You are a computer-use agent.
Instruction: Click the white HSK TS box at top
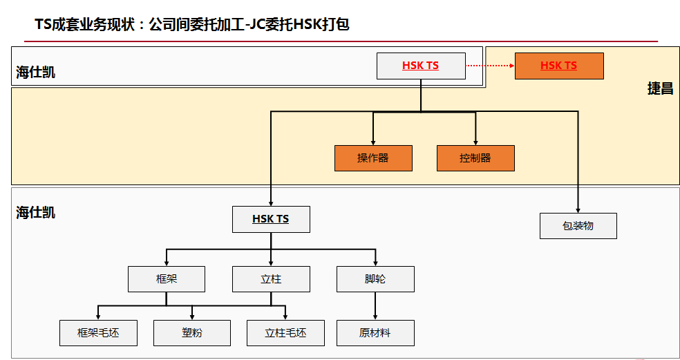tap(420, 66)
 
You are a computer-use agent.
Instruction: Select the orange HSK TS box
tap(559, 66)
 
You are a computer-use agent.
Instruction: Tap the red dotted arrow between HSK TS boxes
tap(490, 66)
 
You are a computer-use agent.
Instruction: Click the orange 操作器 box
tap(373, 158)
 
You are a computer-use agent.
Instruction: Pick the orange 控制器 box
tap(475, 158)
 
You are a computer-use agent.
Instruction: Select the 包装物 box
tap(578, 226)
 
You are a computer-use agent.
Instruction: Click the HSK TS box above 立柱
tap(271, 219)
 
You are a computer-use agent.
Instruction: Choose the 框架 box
tap(167, 279)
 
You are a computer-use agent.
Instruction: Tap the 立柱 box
tap(271, 279)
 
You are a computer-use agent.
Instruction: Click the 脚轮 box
tap(375, 279)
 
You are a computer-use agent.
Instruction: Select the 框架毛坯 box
tap(98, 333)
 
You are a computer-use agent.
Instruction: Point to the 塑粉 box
tap(192, 333)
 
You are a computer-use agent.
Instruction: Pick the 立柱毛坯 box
tap(285, 333)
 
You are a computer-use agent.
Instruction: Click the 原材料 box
tap(375, 333)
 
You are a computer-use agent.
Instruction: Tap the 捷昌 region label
tap(660, 89)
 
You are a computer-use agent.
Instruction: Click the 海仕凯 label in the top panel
tap(36, 73)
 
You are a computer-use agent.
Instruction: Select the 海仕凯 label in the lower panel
tap(36, 213)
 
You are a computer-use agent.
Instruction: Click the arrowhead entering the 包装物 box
tap(578, 209)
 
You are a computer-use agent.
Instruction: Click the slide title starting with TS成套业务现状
tap(192, 25)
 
